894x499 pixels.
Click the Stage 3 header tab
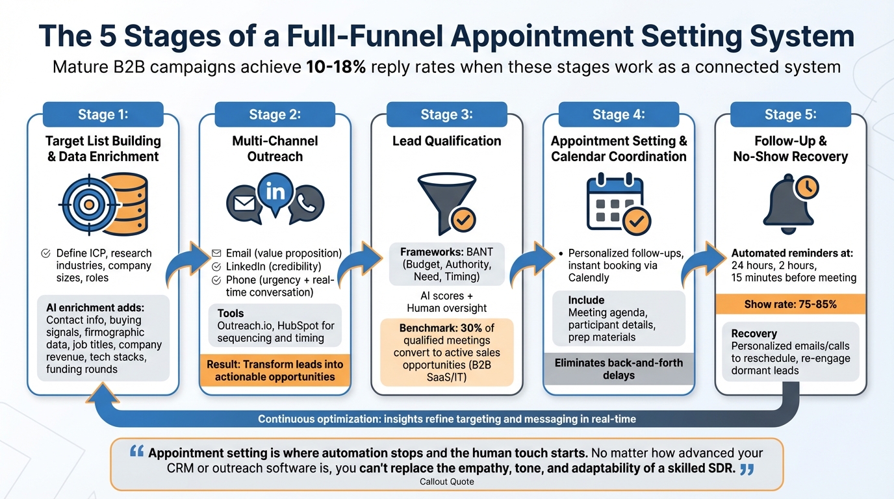pos(446,114)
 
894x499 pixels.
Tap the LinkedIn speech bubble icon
pos(275,192)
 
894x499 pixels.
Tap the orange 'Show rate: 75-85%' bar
pos(790,304)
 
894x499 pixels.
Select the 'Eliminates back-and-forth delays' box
pos(618,368)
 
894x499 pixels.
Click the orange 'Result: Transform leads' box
pos(275,370)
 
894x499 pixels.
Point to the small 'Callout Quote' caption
pos(447,482)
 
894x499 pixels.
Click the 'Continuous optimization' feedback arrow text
pos(447,419)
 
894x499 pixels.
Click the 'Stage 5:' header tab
pos(790,114)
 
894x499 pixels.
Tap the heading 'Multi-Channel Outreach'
pos(275,149)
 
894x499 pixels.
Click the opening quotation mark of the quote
pos(137,452)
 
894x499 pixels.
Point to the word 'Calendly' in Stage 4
pos(589,278)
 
